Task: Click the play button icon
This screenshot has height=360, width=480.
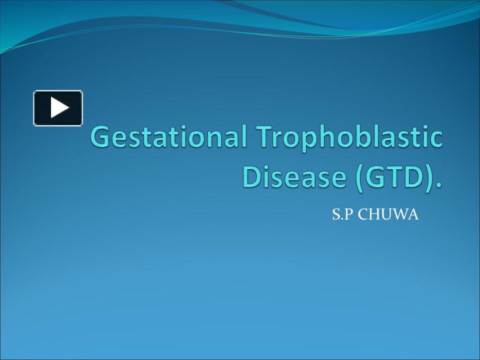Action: click(58, 108)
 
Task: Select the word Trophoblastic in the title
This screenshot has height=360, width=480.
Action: click(349, 137)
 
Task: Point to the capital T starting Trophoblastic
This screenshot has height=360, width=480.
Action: click(265, 137)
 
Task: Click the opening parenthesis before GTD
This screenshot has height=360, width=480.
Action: click(360, 177)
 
